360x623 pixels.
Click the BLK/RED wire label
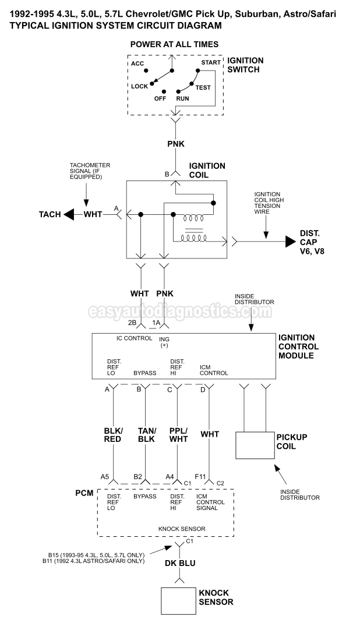point(112,434)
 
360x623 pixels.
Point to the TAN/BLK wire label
point(146,434)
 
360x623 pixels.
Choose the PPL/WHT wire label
point(179,434)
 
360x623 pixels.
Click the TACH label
point(50,214)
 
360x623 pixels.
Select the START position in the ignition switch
point(211,62)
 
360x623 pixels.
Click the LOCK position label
point(139,86)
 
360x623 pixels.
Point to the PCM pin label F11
point(200,476)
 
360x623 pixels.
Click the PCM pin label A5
point(105,476)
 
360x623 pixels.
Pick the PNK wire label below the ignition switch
point(175,143)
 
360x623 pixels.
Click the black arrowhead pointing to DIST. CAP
point(290,240)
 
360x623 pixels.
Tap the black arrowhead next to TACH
point(69,215)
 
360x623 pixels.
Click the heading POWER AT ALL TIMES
point(174,44)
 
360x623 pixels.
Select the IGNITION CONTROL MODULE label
point(305,346)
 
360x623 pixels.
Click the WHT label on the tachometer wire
point(93,214)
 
